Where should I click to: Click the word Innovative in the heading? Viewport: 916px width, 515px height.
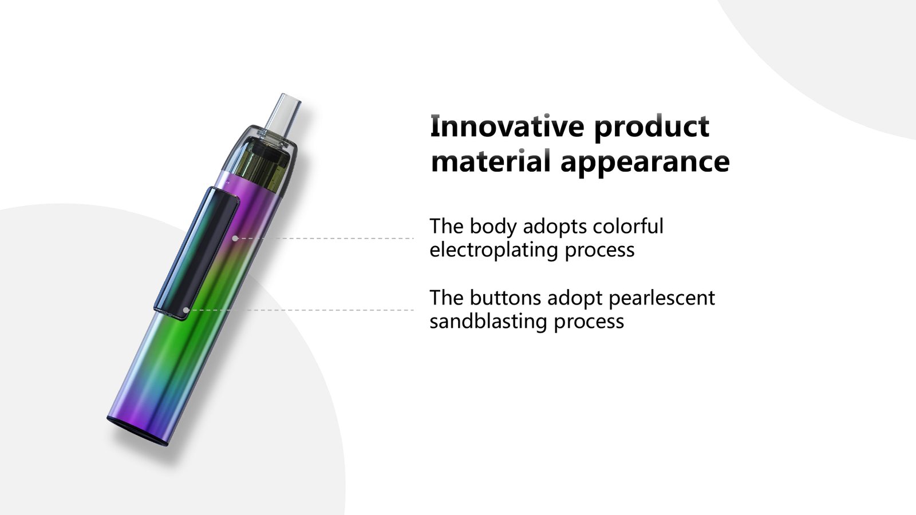coord(507,126)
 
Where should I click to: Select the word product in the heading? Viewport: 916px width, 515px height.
coord(652,128)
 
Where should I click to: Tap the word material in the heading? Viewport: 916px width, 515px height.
coord(491,161)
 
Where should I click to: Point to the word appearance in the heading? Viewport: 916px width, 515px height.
coord(645,163)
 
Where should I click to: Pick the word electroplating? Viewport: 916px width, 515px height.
coord(493,249)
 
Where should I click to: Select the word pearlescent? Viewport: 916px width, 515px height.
coord(662,298)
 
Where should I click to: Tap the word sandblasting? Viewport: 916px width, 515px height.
coord(488,321)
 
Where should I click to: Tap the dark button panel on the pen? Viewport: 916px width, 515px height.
coord(196,253)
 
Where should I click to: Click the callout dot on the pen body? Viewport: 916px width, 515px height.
coord(235,238)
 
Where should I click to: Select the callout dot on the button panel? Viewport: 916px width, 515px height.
coord(186,310)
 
